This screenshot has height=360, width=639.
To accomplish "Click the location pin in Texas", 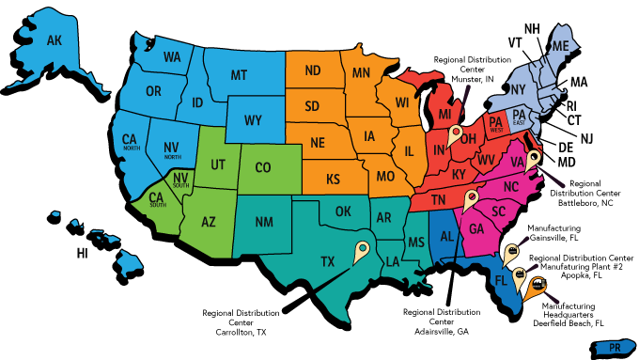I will [x=362, y=251].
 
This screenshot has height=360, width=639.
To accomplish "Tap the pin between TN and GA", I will [x=470, y=199].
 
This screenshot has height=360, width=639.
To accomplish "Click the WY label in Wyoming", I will [x=253, y=121].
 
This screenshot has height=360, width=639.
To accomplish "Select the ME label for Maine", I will [x=560, y=46].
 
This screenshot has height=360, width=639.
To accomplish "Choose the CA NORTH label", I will [x=130, y=143].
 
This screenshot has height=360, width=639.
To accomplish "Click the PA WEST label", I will [x=494, y=123].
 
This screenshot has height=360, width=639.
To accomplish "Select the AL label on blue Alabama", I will [x=446, y=235].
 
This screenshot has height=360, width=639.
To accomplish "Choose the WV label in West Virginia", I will [x=486, y=160].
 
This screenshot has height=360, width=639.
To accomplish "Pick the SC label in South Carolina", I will [x=499, y=211].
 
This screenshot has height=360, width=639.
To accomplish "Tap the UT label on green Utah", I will [x=218, y=164].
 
